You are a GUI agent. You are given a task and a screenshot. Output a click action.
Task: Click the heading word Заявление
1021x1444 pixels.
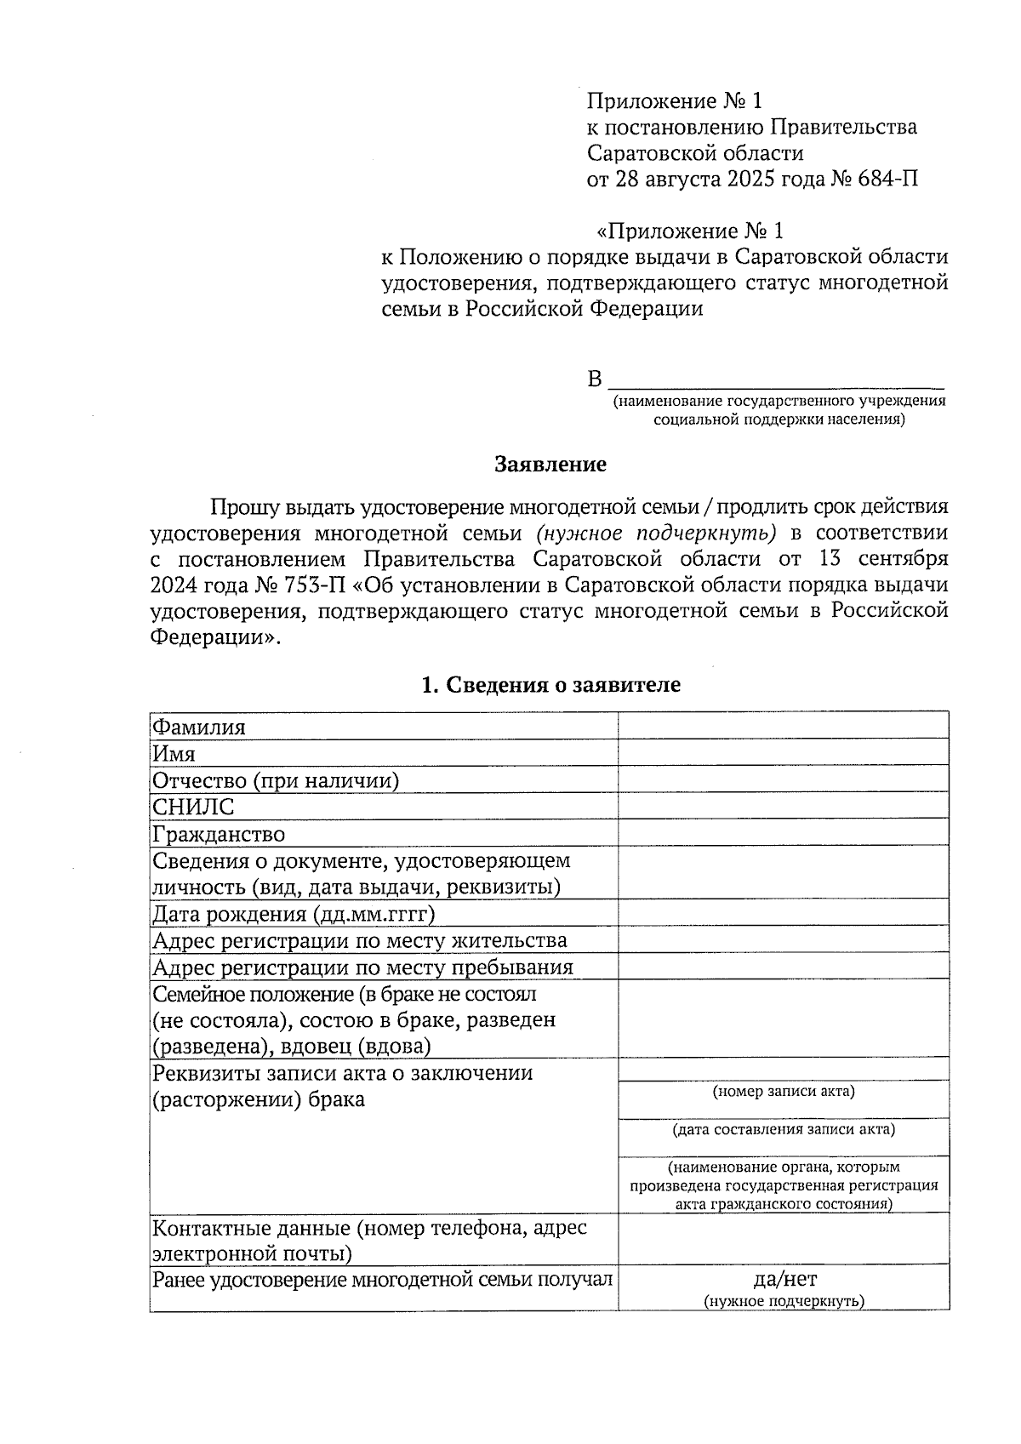pyautogui.click(x=550, y=465)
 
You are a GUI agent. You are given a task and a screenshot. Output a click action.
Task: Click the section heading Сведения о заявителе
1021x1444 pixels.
pyautogui.click(x=550, y=685)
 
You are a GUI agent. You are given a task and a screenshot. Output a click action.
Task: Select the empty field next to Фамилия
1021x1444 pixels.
pyautogui.click(x=783, y=726)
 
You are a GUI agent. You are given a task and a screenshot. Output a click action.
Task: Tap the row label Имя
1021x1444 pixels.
pyautogui.click(x=174, y=754)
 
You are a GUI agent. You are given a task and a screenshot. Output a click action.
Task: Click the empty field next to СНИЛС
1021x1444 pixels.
pyautogui.click(x=783, y=806)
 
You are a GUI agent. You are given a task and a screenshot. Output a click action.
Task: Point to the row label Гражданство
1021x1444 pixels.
pyautogui.click(x=219, y=834)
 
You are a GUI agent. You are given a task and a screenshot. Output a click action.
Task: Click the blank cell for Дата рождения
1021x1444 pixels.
pyautogui.click(x=783, y=913)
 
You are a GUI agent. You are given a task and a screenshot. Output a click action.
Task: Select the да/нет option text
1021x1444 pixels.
pyautogui.click(x=784, y=1279)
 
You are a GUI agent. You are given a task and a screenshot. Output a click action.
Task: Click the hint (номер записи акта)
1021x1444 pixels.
pyautogui.click(x=783, y=1091)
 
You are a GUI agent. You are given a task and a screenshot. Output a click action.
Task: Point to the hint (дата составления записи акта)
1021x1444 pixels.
pyautogui.click(x=783, y=1129)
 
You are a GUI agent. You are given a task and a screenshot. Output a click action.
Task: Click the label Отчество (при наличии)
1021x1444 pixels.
pyautogui.click(x=276, y=780)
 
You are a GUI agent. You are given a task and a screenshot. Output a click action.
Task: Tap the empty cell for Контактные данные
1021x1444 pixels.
pyautogui.click(x=783, y=1239)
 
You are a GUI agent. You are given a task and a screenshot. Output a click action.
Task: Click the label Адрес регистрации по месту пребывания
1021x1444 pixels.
pyautogui.click(x=362, y=967)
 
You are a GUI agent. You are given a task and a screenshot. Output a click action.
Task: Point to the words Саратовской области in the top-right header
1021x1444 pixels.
pyautogui.click(x=695, y=153)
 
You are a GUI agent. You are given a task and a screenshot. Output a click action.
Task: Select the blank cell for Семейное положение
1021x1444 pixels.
pyautogui.click(x=783, y=1019)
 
